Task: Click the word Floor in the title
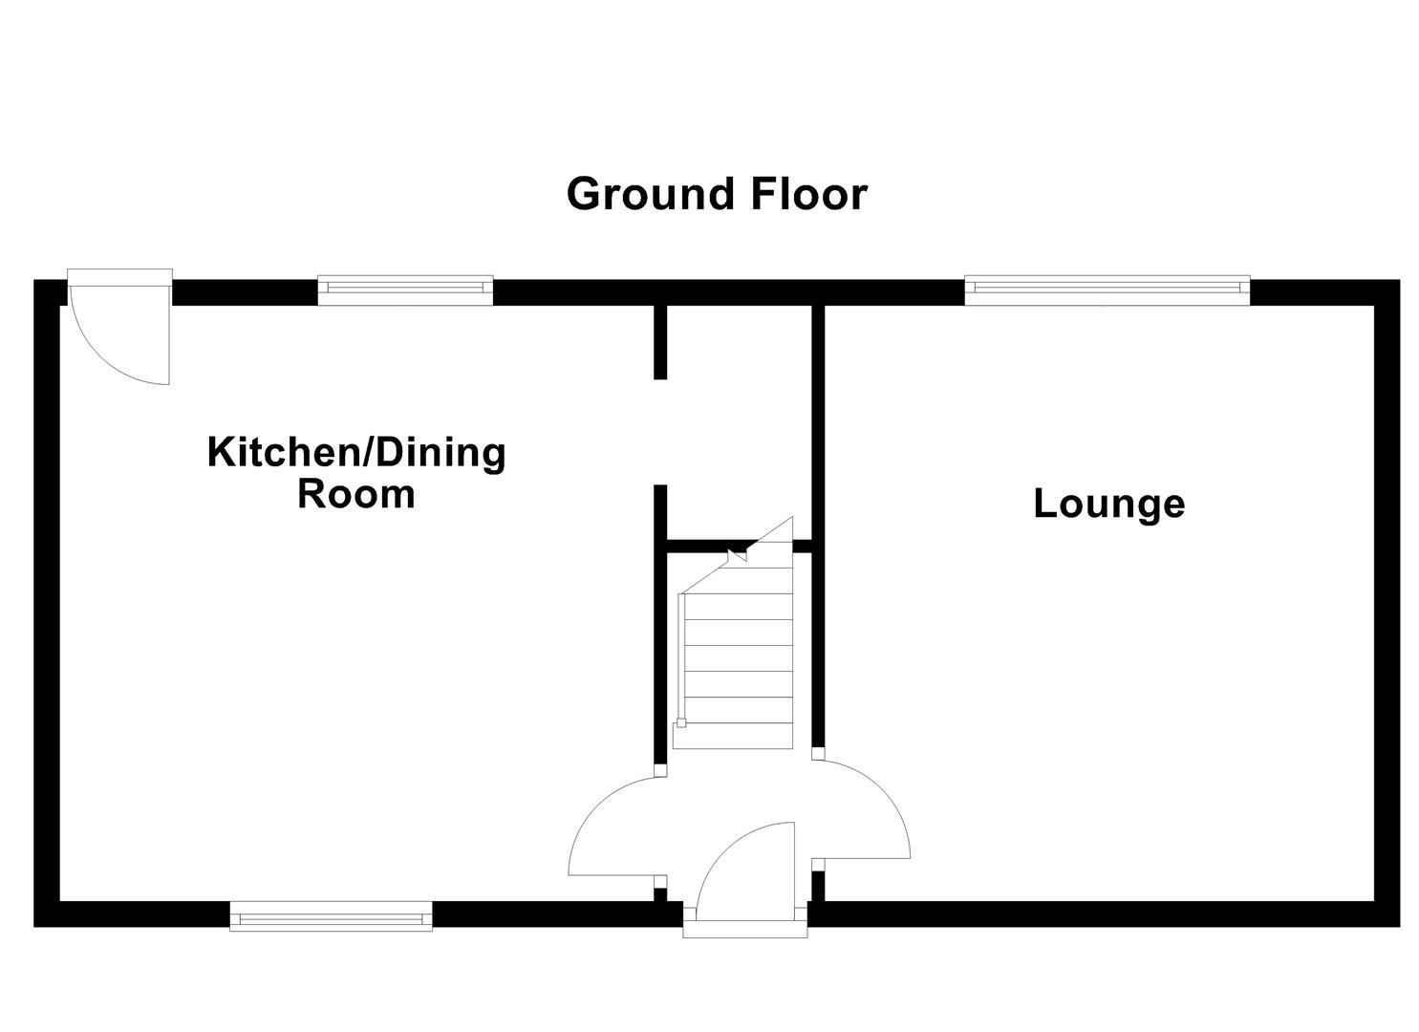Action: (808, 194)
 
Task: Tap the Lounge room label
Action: (1108, 504)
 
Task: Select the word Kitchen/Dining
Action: (356, 452)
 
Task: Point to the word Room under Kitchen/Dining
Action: (355, 495)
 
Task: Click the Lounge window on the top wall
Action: (1107, 290)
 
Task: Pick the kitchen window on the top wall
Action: (405, 290)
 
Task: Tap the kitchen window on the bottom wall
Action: (331, 916)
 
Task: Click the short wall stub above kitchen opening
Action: (659, 342)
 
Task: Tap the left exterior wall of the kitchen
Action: (47, 602)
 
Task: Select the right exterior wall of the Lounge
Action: (1387, 602)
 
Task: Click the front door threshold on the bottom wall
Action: (745, 927)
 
